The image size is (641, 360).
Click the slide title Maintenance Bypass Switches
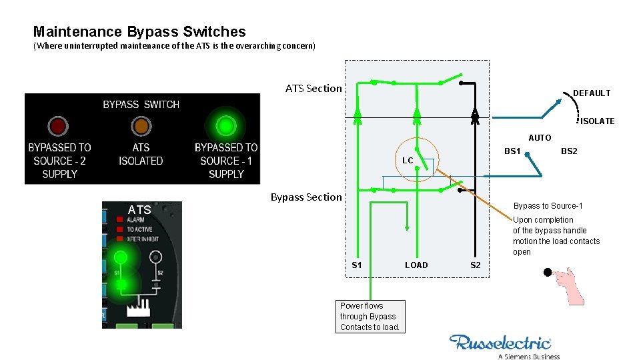coord(139,31)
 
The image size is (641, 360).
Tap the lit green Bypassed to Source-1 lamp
coord(226,125)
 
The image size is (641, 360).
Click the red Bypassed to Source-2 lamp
coord(58,126)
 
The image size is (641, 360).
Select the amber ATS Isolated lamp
coord(141,126)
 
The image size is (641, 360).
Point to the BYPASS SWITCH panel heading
coord(141,105)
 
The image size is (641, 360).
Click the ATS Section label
coord(313,88)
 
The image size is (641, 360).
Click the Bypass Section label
coord(305,197)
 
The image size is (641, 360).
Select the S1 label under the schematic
coord(357,265)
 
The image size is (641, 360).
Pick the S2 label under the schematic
coord(475,265)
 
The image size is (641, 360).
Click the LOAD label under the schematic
coord(416,265)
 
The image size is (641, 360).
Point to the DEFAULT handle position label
coord(591,93)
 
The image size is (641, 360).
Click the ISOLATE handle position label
coord(597,121)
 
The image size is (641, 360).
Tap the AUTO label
coord(540,138)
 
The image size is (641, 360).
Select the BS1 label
coord(512,151)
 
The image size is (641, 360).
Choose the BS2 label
coord(569,151)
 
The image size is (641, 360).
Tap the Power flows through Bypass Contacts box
coord(370,317)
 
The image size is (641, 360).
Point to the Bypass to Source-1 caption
coord(548,206)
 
